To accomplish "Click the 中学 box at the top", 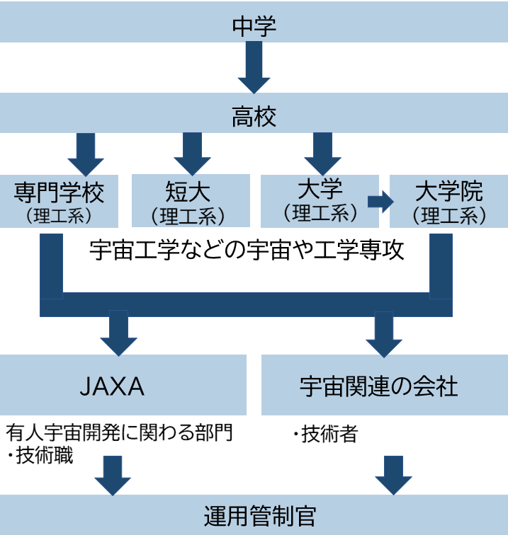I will point(254,26).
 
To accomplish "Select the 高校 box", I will point(254,115).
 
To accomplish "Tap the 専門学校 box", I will point(59,200).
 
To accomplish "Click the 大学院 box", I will point(448,200).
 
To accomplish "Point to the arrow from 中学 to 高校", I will point(254,68).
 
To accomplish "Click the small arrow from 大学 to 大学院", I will point(380,201).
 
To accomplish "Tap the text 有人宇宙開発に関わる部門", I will point(120,432).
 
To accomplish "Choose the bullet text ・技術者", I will point(324,434).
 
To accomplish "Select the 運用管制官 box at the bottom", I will point(254,515).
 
